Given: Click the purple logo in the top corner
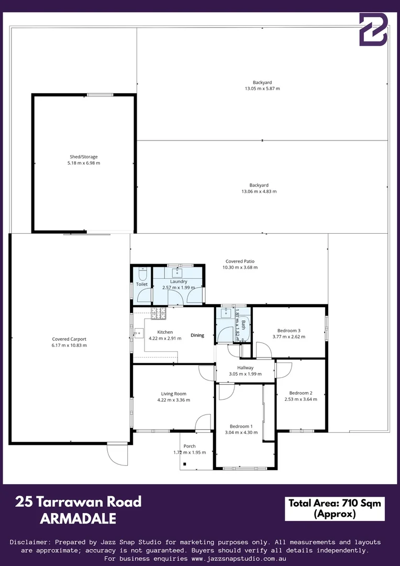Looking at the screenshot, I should (373, 30).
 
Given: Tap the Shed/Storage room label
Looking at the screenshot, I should (84, 157).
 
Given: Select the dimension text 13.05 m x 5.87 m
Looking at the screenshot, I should (262, 89).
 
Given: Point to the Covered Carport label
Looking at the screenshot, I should (69, 339).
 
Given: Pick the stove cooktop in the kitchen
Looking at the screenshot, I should (158, 313).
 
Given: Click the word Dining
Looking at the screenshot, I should (197, 335).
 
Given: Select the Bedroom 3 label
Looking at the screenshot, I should (288, 330).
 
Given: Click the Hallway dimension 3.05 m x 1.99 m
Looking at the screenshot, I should (245, 374).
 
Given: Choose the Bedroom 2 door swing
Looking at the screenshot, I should (284, 371).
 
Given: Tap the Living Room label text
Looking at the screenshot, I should (173, 394).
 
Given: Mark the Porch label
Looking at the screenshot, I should (189, 446).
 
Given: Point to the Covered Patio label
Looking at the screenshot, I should (240, 261).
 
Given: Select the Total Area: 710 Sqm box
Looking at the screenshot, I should (335, 508).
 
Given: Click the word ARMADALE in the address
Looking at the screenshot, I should (78, 519).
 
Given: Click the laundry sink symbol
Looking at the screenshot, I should (177, 272).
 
